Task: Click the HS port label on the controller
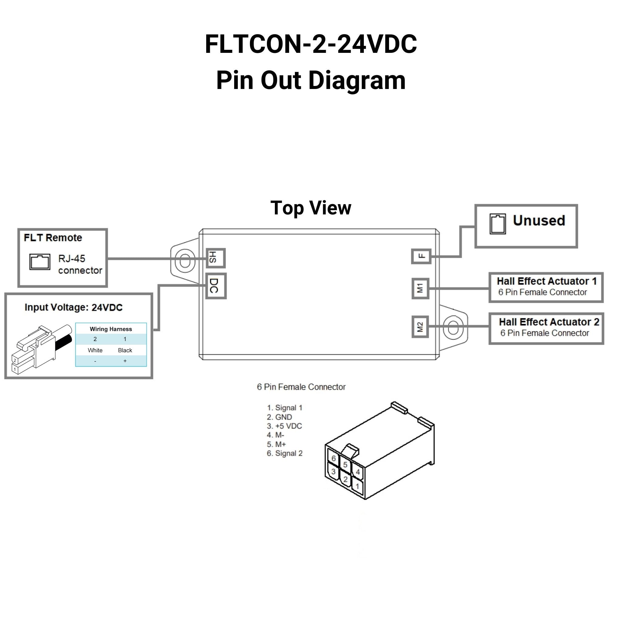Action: click(x=215, y=258)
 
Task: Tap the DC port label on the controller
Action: click(x=216, y=286)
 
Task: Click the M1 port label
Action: click(x=420, y=289)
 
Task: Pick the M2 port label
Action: click(x=420, y=327)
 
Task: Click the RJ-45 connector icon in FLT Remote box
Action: click(x=40, y=262)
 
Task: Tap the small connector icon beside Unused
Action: click(x=497, y=224)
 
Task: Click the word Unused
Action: click(x=539, y=221)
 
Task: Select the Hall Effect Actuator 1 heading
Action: click(x=547, y=281)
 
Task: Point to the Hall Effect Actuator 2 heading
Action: click(x=549, y=322)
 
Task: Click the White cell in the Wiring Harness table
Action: click(x=95, y=350)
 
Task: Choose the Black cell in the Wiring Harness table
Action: click(x=125, y=350)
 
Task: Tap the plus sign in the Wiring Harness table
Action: click(x=125, y=361)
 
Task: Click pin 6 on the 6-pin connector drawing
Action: click(x=333, y=458)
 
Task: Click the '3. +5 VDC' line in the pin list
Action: click(x=284, y=426)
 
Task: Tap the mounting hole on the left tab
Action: click(x=185, y=261)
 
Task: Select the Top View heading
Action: click(x=311, y=208)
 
